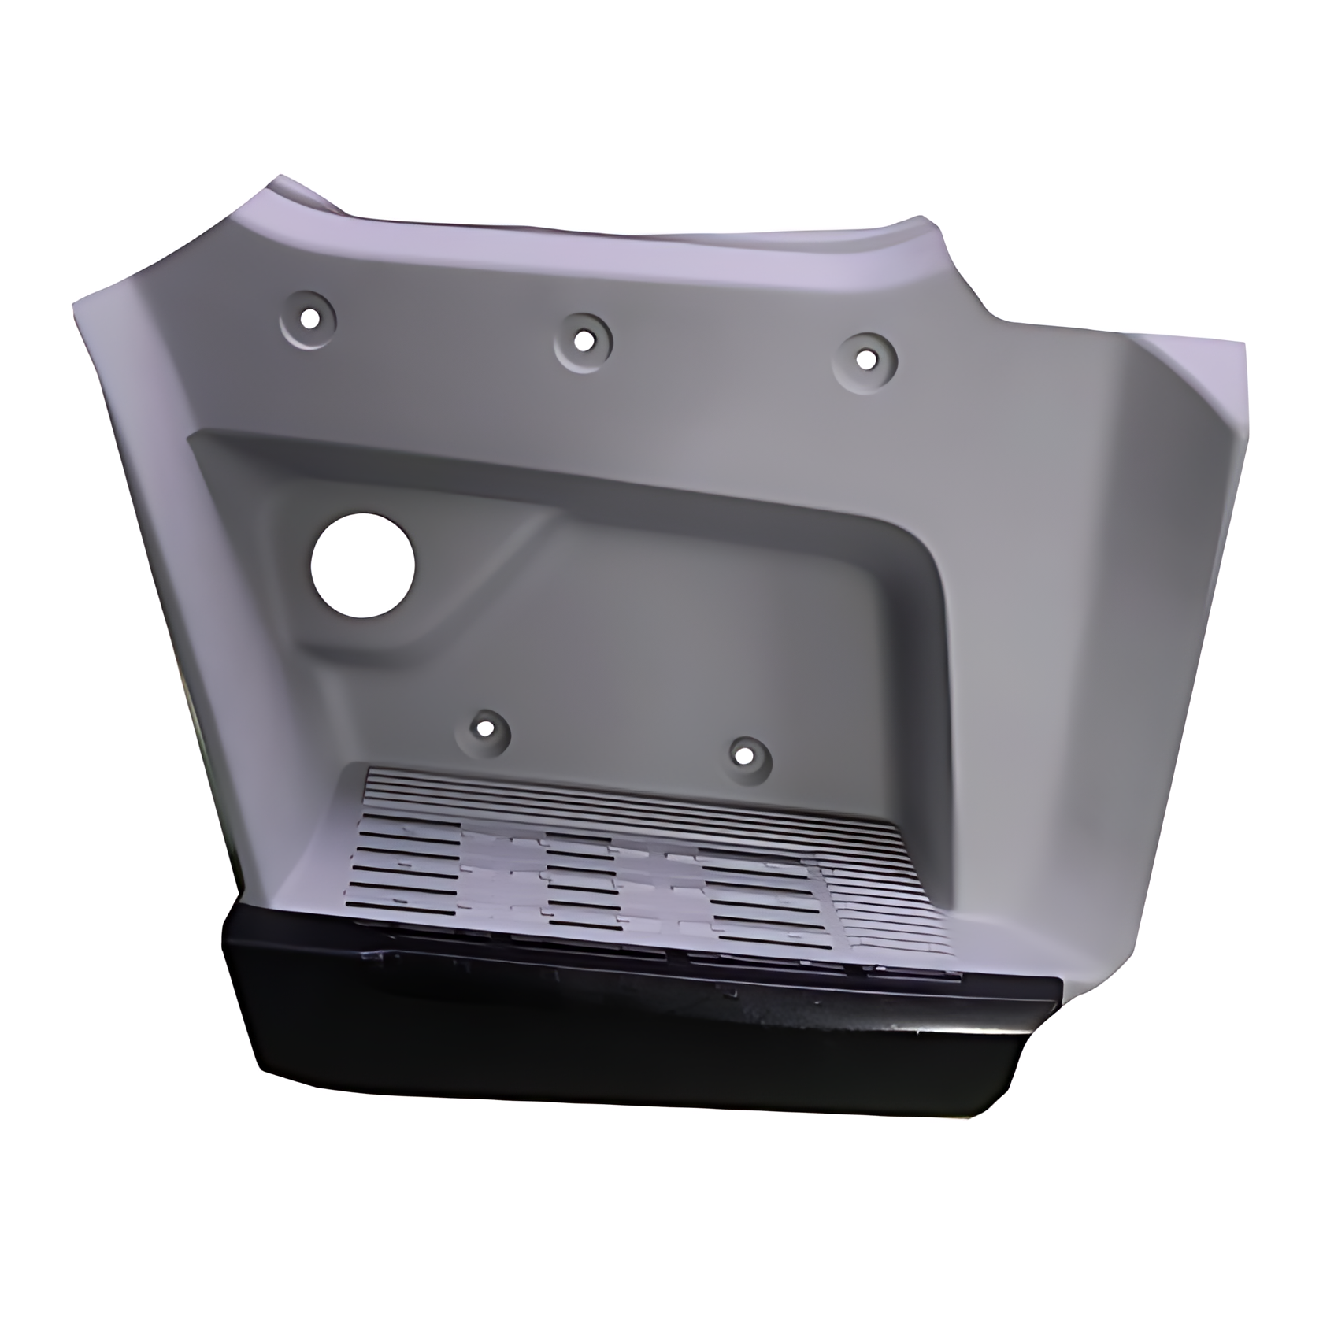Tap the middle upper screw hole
(x=583, y=341)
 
